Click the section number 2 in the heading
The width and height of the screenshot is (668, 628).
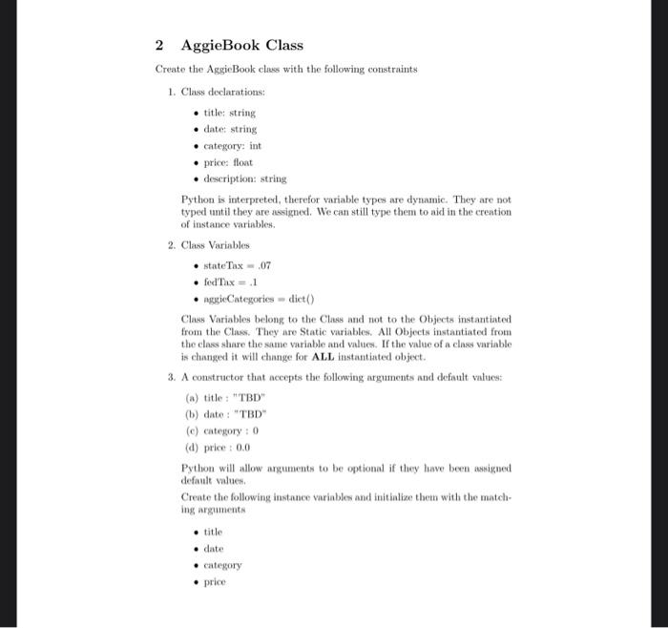point(159,45)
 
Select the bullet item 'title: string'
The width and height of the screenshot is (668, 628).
point(230,113)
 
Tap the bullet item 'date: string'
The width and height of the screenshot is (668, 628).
point(231,129)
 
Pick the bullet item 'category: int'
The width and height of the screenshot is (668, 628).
point(233,145)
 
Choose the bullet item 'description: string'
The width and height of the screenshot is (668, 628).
point(245,178)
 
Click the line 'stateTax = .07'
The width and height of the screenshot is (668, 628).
point(231,265)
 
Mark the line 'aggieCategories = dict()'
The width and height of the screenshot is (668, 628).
point(246,298)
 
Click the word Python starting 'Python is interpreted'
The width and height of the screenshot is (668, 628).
point(197,199)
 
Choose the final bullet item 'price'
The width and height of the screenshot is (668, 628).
point(216,580)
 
